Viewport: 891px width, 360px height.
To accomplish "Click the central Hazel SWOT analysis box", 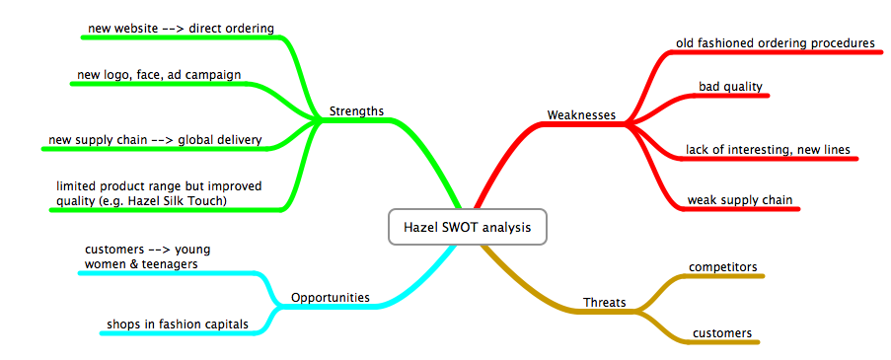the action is coord(467,227).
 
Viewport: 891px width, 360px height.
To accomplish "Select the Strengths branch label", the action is coord(356,110).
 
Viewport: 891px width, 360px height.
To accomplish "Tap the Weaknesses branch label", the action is coord(581,114).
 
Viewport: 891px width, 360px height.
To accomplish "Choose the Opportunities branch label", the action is coord(331,297).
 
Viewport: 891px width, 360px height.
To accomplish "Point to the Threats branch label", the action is coord(605,303).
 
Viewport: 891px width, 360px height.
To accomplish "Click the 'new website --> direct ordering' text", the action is coord(182,28).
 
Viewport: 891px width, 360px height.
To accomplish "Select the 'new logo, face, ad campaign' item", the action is coord(159,74).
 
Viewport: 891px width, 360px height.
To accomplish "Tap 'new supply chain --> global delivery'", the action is coord(155,140).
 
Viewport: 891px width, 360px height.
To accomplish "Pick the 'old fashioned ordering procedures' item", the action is coord(776,43).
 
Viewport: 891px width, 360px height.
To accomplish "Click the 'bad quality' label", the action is coord(730,87).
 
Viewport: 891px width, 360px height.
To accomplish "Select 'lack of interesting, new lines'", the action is coord(768,149).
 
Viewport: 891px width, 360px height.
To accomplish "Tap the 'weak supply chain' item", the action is coord(740,200).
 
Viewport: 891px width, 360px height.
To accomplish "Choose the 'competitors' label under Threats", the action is coord(723,267).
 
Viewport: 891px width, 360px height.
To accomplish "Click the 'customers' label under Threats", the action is coord(722,332).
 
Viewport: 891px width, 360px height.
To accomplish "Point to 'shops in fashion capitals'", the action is coord(178,324).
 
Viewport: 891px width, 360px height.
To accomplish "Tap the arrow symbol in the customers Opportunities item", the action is coord(153,250).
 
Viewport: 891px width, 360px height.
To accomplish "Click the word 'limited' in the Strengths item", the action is coord(74,186).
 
